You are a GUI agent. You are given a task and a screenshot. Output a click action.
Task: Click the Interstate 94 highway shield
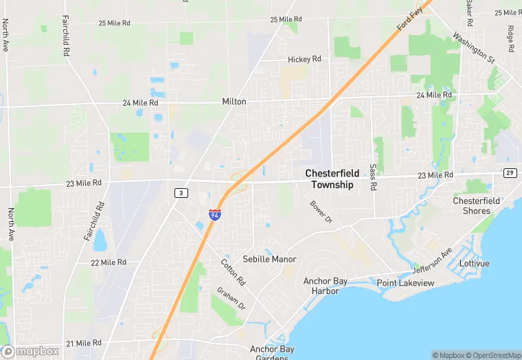215,214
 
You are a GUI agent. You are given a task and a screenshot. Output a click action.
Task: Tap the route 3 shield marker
181,193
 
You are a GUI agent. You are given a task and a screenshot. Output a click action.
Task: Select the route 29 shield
510,172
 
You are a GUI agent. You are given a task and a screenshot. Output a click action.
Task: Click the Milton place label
234,102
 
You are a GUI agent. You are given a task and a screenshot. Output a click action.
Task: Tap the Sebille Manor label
269,260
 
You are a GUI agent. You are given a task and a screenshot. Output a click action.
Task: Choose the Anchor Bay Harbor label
326,286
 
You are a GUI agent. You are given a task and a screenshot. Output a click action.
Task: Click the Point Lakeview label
405,283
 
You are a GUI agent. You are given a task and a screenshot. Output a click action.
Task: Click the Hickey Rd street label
304,60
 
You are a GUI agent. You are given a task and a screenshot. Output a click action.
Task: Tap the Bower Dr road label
321,213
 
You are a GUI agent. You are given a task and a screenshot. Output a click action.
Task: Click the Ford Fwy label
409,19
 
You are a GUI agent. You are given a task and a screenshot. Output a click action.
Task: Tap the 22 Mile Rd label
109,262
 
